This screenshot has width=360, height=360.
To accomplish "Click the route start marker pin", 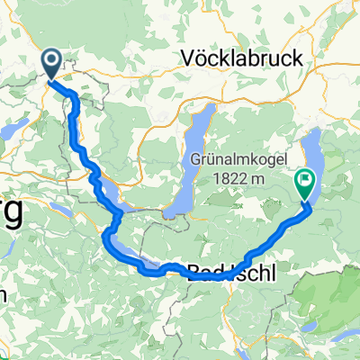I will point(51,62).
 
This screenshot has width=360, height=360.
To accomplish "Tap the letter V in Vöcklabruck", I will point(187,57).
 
